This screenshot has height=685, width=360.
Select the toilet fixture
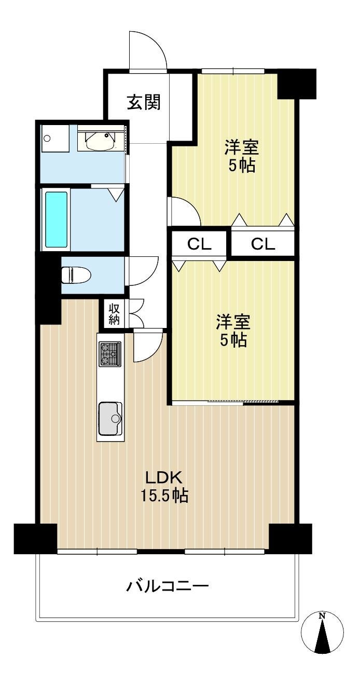(76, 275)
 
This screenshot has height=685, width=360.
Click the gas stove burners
(109, 353)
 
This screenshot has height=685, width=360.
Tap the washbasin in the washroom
(101, 141)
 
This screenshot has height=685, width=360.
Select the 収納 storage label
(114, 314)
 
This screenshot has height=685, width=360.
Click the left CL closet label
(199, 244)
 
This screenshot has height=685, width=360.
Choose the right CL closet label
(263, 244)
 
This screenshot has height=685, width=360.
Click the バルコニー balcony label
(168, 586)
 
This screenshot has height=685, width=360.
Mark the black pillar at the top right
(296, 84)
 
